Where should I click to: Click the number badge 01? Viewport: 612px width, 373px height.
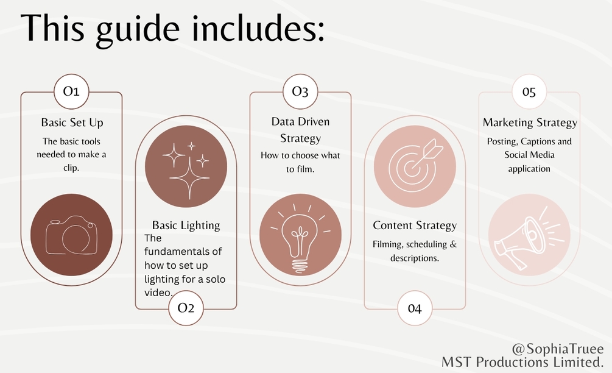pyautogui.click(x=71, y=91)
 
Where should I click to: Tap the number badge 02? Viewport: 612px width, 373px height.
pyautogui.click(x=186, y=308)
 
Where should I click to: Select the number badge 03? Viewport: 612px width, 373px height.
pyautogui.click(x=300, y=91)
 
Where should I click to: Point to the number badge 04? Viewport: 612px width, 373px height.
pyautogui.click(x=415, y=308)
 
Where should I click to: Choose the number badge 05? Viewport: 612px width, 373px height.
pyautogui.click(x=529, y=92)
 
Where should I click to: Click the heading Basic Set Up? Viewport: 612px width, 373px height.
pyautogui.click(x=72, y=123)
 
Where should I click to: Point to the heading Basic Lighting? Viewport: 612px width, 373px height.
pyautogui.click(x=186, y=226)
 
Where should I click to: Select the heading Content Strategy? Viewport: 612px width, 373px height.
pyautogui.click(x=415, y=226)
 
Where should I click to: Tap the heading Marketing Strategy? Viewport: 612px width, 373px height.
pyautogui.click(x=530, y=123)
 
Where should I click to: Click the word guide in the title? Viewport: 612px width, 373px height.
pyautogui.click(x=138, y=29)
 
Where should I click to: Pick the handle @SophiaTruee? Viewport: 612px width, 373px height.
pyautogui.click(x=557, y=349)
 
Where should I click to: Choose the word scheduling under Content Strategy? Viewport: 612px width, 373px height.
pyautogui.click(x=427, y=244)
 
